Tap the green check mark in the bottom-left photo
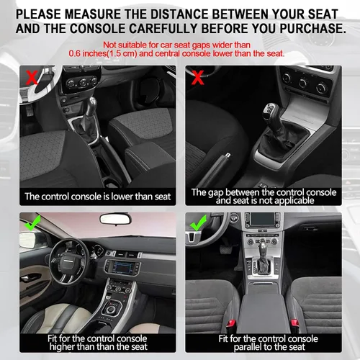point(32,223)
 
